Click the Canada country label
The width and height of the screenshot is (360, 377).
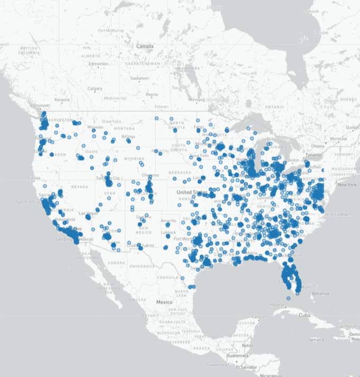pos(145,47)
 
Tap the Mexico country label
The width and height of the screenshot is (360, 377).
pos(164,302)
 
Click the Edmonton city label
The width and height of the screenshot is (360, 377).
pos(98,64)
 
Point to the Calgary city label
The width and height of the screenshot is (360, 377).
pos(95,88)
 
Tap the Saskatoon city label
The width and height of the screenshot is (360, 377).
pos(139,78)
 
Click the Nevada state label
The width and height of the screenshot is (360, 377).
pos(79,186)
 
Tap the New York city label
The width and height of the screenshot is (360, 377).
pos(347,185)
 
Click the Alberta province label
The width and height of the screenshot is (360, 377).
pos(91,55)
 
